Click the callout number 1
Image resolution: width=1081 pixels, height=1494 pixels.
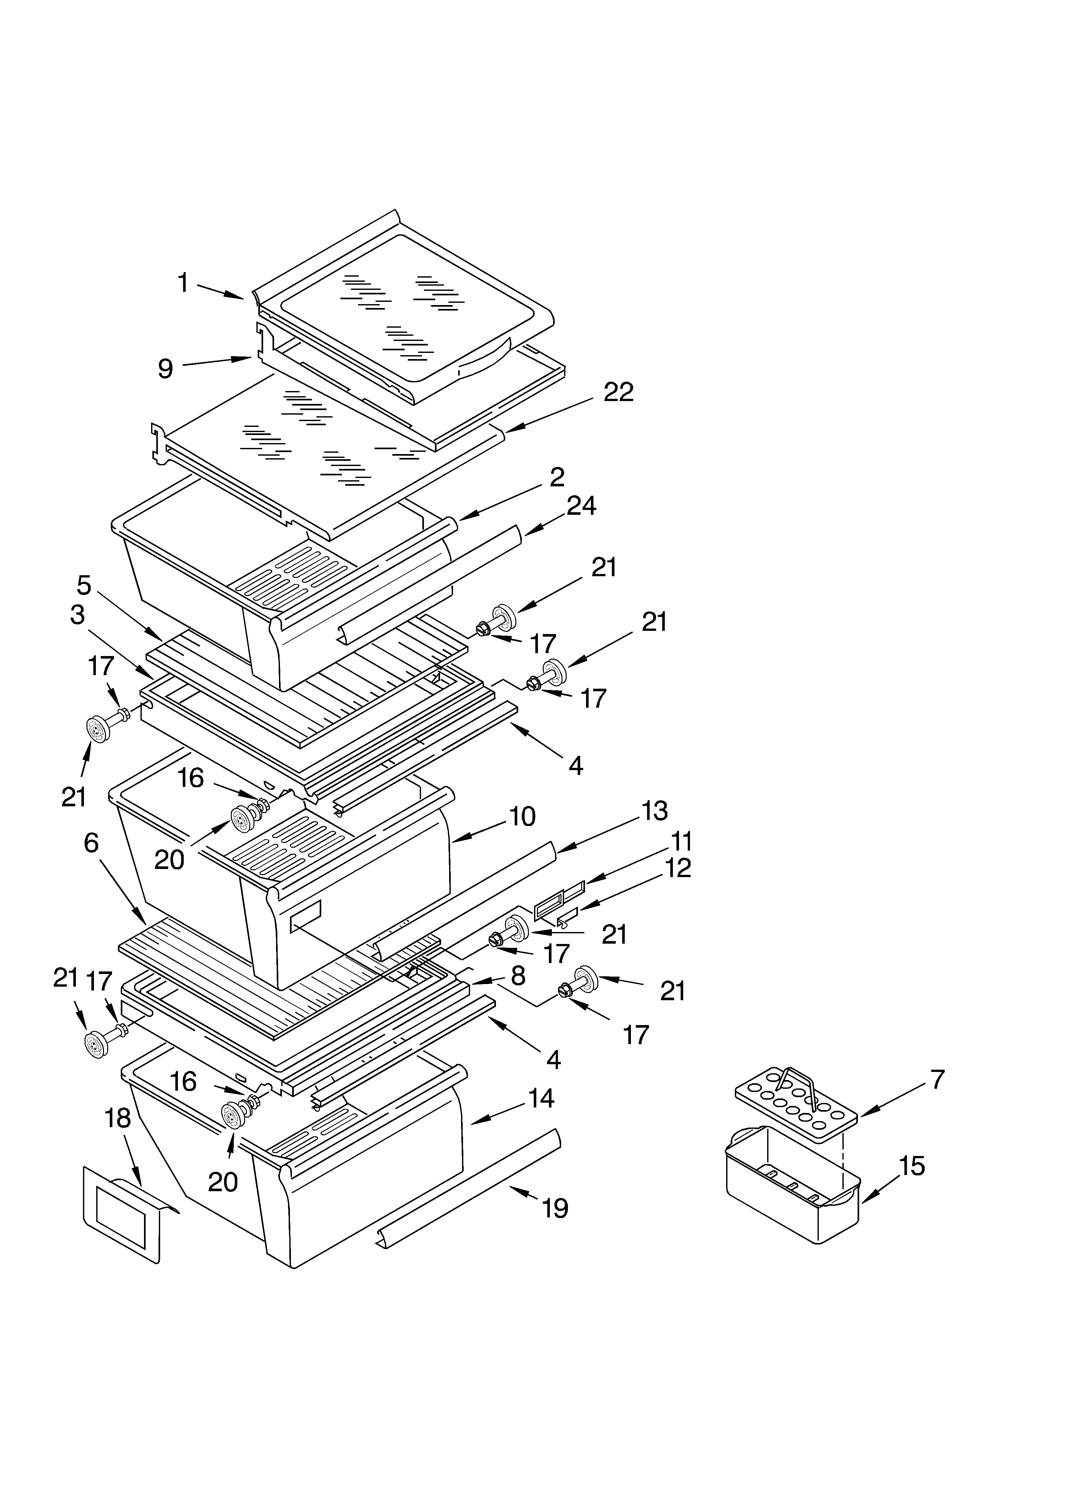[184, 283]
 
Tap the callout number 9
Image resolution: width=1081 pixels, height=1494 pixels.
[165, 369]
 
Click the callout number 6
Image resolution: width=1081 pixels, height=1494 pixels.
[91, 843]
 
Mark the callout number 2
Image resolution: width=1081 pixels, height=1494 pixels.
[557, 477]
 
